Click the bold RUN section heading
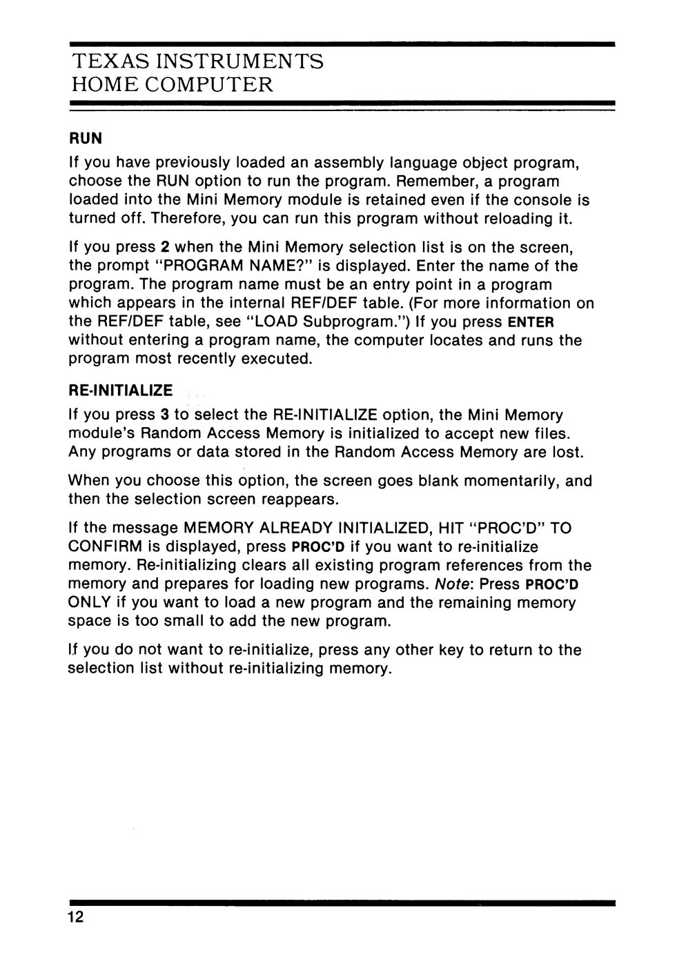coord(85,139)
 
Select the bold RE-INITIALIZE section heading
coord(121,391)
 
